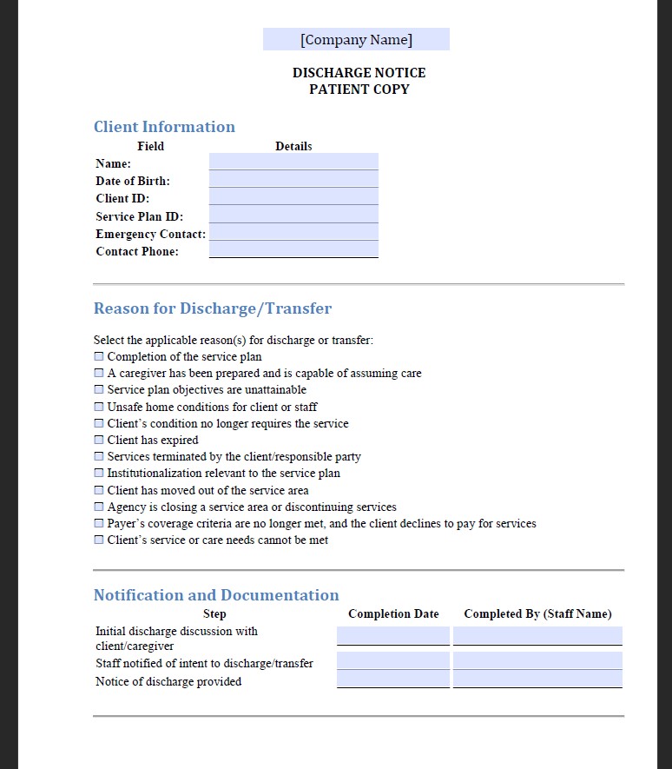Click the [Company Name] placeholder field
pyautogui.click(x=356, y=39)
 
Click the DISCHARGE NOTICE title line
pyautogui.click(x=359, y=73)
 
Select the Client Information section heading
pyautogui.click(x=164, y=127)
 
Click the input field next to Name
pyautogui.click(x=293, y=162)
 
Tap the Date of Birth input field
pyautogui.click(x=293, y=179)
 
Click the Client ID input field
pyautogui.click(x=293, y=197)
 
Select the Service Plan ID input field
pyautogui.click(x=293, y=215)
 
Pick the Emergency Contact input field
pyautogui.click(x=293, y=232)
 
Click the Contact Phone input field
pyautogui.click(x=293, y=250)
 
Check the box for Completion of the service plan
pyautogui.click(x=99, y=356)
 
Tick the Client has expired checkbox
pyautogui.click(x=99, y=440)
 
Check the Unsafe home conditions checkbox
pyautogui.click(x=99, y=407)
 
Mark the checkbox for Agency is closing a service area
pyautogui.click(x=99, y=507)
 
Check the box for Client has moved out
pyautogui.click(x=99, y=490)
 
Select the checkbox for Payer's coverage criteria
pyautogui.click(x=99, y=523)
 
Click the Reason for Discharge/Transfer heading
pyautogui.click(x=213, y=308)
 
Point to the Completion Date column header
pyautogui.click(x=393, y=613)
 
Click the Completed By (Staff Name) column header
pyautogui.click(x=537, y=613)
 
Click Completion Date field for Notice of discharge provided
pyautogui.click(x=393, y=679)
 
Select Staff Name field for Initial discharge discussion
pyautogui.click(x=537, y=636)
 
